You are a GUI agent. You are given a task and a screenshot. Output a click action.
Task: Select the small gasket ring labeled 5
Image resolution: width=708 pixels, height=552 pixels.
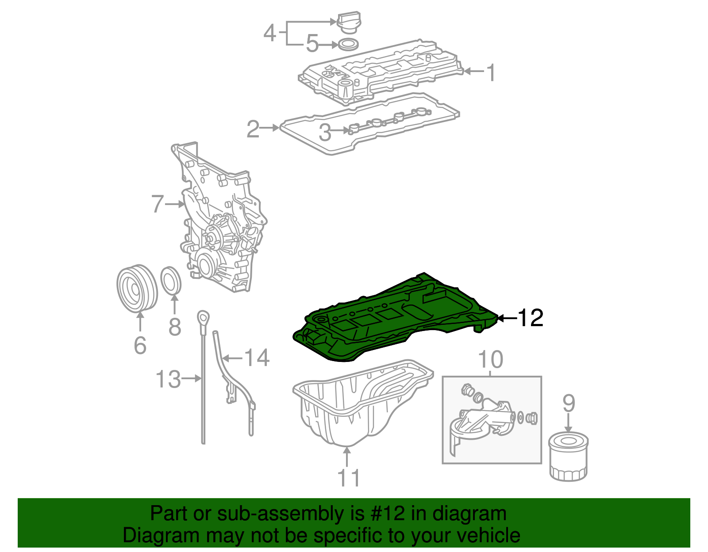[348, 44]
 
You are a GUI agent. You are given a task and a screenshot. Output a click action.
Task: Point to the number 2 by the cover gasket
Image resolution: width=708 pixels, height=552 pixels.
[253, 129]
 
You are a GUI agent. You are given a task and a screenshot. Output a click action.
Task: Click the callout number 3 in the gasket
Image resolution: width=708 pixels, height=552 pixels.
[325, 132]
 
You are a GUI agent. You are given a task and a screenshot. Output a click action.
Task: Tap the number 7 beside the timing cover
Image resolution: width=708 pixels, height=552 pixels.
[158, 204]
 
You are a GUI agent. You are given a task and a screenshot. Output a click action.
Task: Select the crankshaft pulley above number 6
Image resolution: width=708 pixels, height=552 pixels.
[137, 289]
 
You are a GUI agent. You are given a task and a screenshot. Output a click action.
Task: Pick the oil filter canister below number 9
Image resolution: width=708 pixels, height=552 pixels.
[569, 457]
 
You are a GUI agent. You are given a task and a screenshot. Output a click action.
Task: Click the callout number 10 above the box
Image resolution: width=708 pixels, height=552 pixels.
[490, 359]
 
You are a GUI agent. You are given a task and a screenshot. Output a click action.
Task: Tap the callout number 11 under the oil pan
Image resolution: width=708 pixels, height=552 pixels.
[349, 478]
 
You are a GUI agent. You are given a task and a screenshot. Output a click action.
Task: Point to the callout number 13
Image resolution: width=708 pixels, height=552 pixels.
[168, 379]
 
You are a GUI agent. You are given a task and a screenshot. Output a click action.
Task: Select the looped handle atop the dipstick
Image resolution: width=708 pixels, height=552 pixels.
[203, 317]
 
